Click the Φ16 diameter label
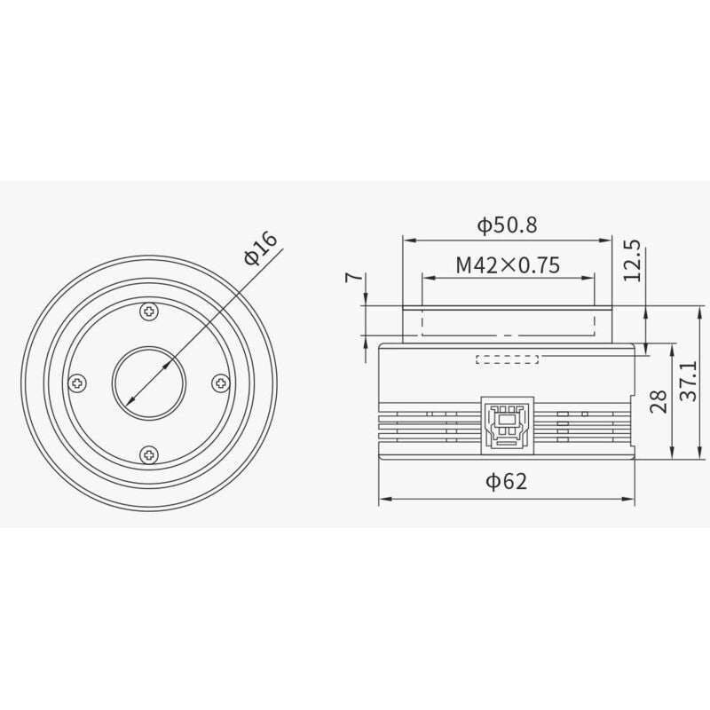click(x=261, y=248)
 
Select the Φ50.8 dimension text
click(x=507, y=225)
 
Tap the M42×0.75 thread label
click(x=507, y=264)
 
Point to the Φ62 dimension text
click(x=507, y=482)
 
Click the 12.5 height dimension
click(x=632, y=259)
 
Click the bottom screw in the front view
click(x=149, y=454)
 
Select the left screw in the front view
click(x=78, y=383)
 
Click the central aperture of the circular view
click(x=149, y=383)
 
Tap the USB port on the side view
click(x=507, y=419)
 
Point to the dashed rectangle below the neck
click(x=508, y=359)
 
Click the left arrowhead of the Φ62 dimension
click(x=383, y=501)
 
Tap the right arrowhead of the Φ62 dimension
click(x=632, y=501)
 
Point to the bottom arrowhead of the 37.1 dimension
click(x=679, y=455)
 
